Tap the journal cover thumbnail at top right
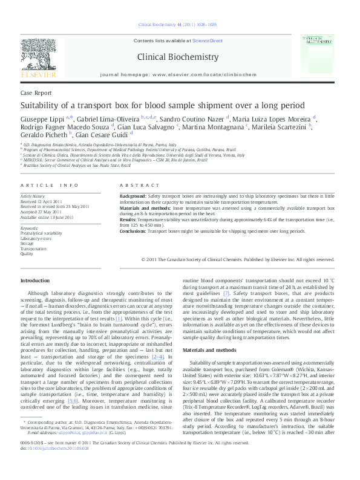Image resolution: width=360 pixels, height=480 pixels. coord(319,57)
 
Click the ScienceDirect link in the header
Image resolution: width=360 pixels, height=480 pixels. coord(207,41)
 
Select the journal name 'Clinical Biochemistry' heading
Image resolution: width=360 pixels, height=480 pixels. coord(178,57)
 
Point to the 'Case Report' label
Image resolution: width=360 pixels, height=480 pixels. coord(36,94)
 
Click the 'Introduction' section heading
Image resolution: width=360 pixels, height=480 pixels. coord(36,281)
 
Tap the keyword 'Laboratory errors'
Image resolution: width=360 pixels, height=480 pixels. coord(36,239)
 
